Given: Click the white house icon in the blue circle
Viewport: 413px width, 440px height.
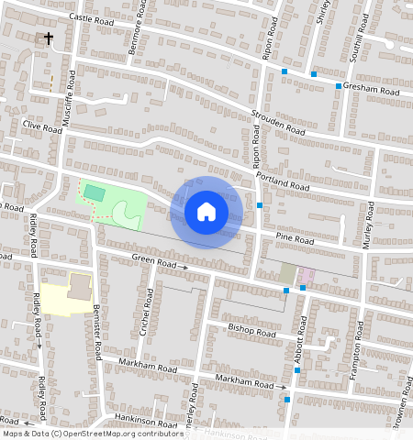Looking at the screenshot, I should (206, 212).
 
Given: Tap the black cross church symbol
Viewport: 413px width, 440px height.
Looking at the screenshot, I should (49, 38).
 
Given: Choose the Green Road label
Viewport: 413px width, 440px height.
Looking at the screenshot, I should (153, 262).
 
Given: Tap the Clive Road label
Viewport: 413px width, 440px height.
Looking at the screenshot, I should (42, 127).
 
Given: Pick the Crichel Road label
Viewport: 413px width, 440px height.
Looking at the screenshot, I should (144, 313).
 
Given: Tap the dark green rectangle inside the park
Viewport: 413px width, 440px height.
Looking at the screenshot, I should (95, 192).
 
